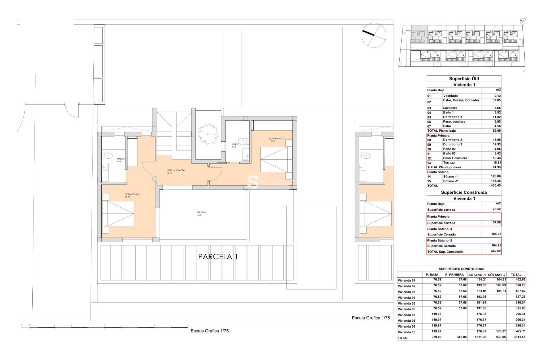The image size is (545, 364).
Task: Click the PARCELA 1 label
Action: click(x=218, y=257)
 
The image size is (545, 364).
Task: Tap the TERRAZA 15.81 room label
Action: click(x=201, y=214)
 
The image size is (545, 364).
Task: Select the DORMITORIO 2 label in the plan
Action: click(x=132, y=196)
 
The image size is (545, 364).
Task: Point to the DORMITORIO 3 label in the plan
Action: click(x=276, y=140)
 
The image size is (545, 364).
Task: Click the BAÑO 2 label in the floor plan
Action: click(x=120, y=160)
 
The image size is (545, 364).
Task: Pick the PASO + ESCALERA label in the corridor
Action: click(x=175, y=171)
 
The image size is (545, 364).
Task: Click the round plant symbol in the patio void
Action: click(x=208, y=134)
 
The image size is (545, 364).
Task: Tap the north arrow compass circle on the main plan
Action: click(x=374, y=35)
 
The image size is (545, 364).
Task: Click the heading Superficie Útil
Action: click(x=464, y=79)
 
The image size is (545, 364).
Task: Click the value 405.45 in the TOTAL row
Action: click(x=496, y=185)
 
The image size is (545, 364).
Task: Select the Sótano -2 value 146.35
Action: click(x=496, y=181)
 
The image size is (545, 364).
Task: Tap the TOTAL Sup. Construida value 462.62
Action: click(x=496, y=251)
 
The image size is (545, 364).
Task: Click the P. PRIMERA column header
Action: click(x=454, y=275)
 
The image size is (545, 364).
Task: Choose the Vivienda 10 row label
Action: click(x=406, y=332)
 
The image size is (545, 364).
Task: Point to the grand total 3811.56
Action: click(x=519, y=337)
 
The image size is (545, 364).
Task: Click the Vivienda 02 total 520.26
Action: click(x=520, y=285)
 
